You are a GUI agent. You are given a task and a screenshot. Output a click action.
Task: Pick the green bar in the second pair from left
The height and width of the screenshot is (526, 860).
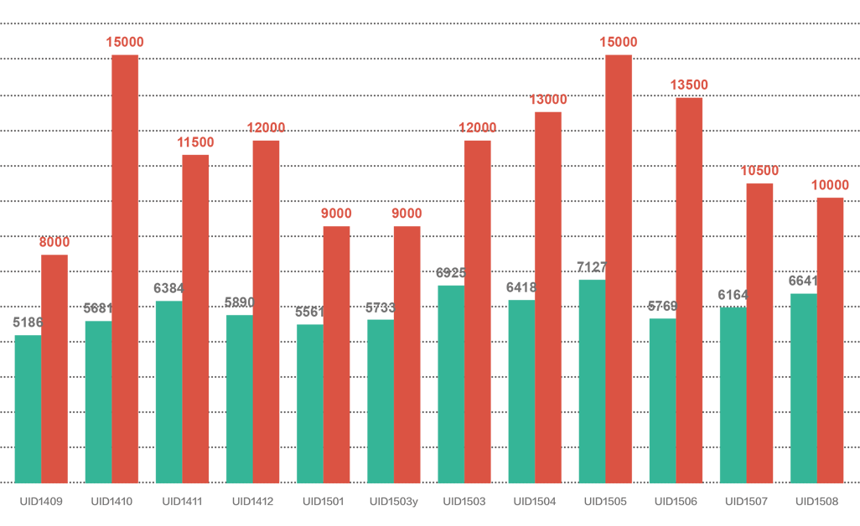94,402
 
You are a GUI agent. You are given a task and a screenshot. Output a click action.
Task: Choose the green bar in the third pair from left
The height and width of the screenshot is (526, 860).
164,394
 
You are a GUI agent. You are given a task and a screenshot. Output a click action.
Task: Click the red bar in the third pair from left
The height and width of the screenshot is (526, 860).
196,318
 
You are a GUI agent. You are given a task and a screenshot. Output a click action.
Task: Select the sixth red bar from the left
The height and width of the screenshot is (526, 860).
407,352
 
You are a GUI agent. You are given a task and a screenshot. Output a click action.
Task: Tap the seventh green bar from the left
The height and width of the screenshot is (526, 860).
447,385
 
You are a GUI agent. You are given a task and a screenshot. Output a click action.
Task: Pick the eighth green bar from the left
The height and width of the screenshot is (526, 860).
517,394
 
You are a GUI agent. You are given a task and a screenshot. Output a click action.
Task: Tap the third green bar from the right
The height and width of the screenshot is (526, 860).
658,402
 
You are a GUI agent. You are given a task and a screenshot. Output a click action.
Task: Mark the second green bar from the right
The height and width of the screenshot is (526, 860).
728,399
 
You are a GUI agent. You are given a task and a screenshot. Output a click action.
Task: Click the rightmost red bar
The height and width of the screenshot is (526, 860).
830,335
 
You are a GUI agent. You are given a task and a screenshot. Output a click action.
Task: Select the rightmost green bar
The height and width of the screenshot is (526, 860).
800,389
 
